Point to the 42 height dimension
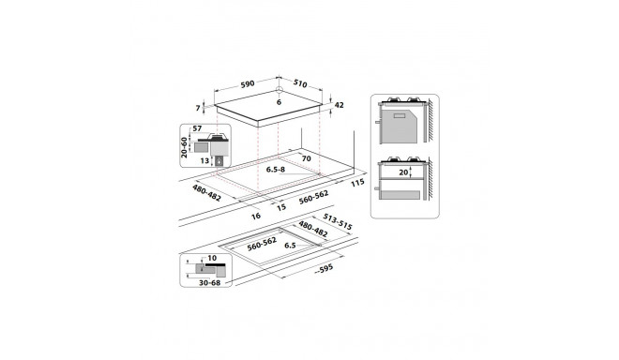pyautogui.click(x=341, y=104)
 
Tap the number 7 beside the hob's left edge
pyautogui.click(x=198, y=108)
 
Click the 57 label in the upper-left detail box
pyautogui.click(x=197, y=129)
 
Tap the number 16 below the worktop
pyautogui.click(x=255, y=215)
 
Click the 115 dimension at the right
pyautogui.click(x=356, y=183)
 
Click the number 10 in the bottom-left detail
pyautogui.click(x=212, y=259)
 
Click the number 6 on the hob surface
pyautogui.click(x=279, y=101)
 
